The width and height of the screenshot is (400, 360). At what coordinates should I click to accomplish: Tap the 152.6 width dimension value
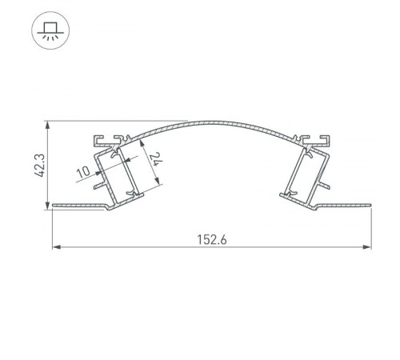coord(212,238)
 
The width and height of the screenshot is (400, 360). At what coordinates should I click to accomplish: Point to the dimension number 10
coord(83,171)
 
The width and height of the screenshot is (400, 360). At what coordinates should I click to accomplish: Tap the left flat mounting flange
coord(76,207)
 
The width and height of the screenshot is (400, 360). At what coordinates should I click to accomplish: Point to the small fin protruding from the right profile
coord(326,185)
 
